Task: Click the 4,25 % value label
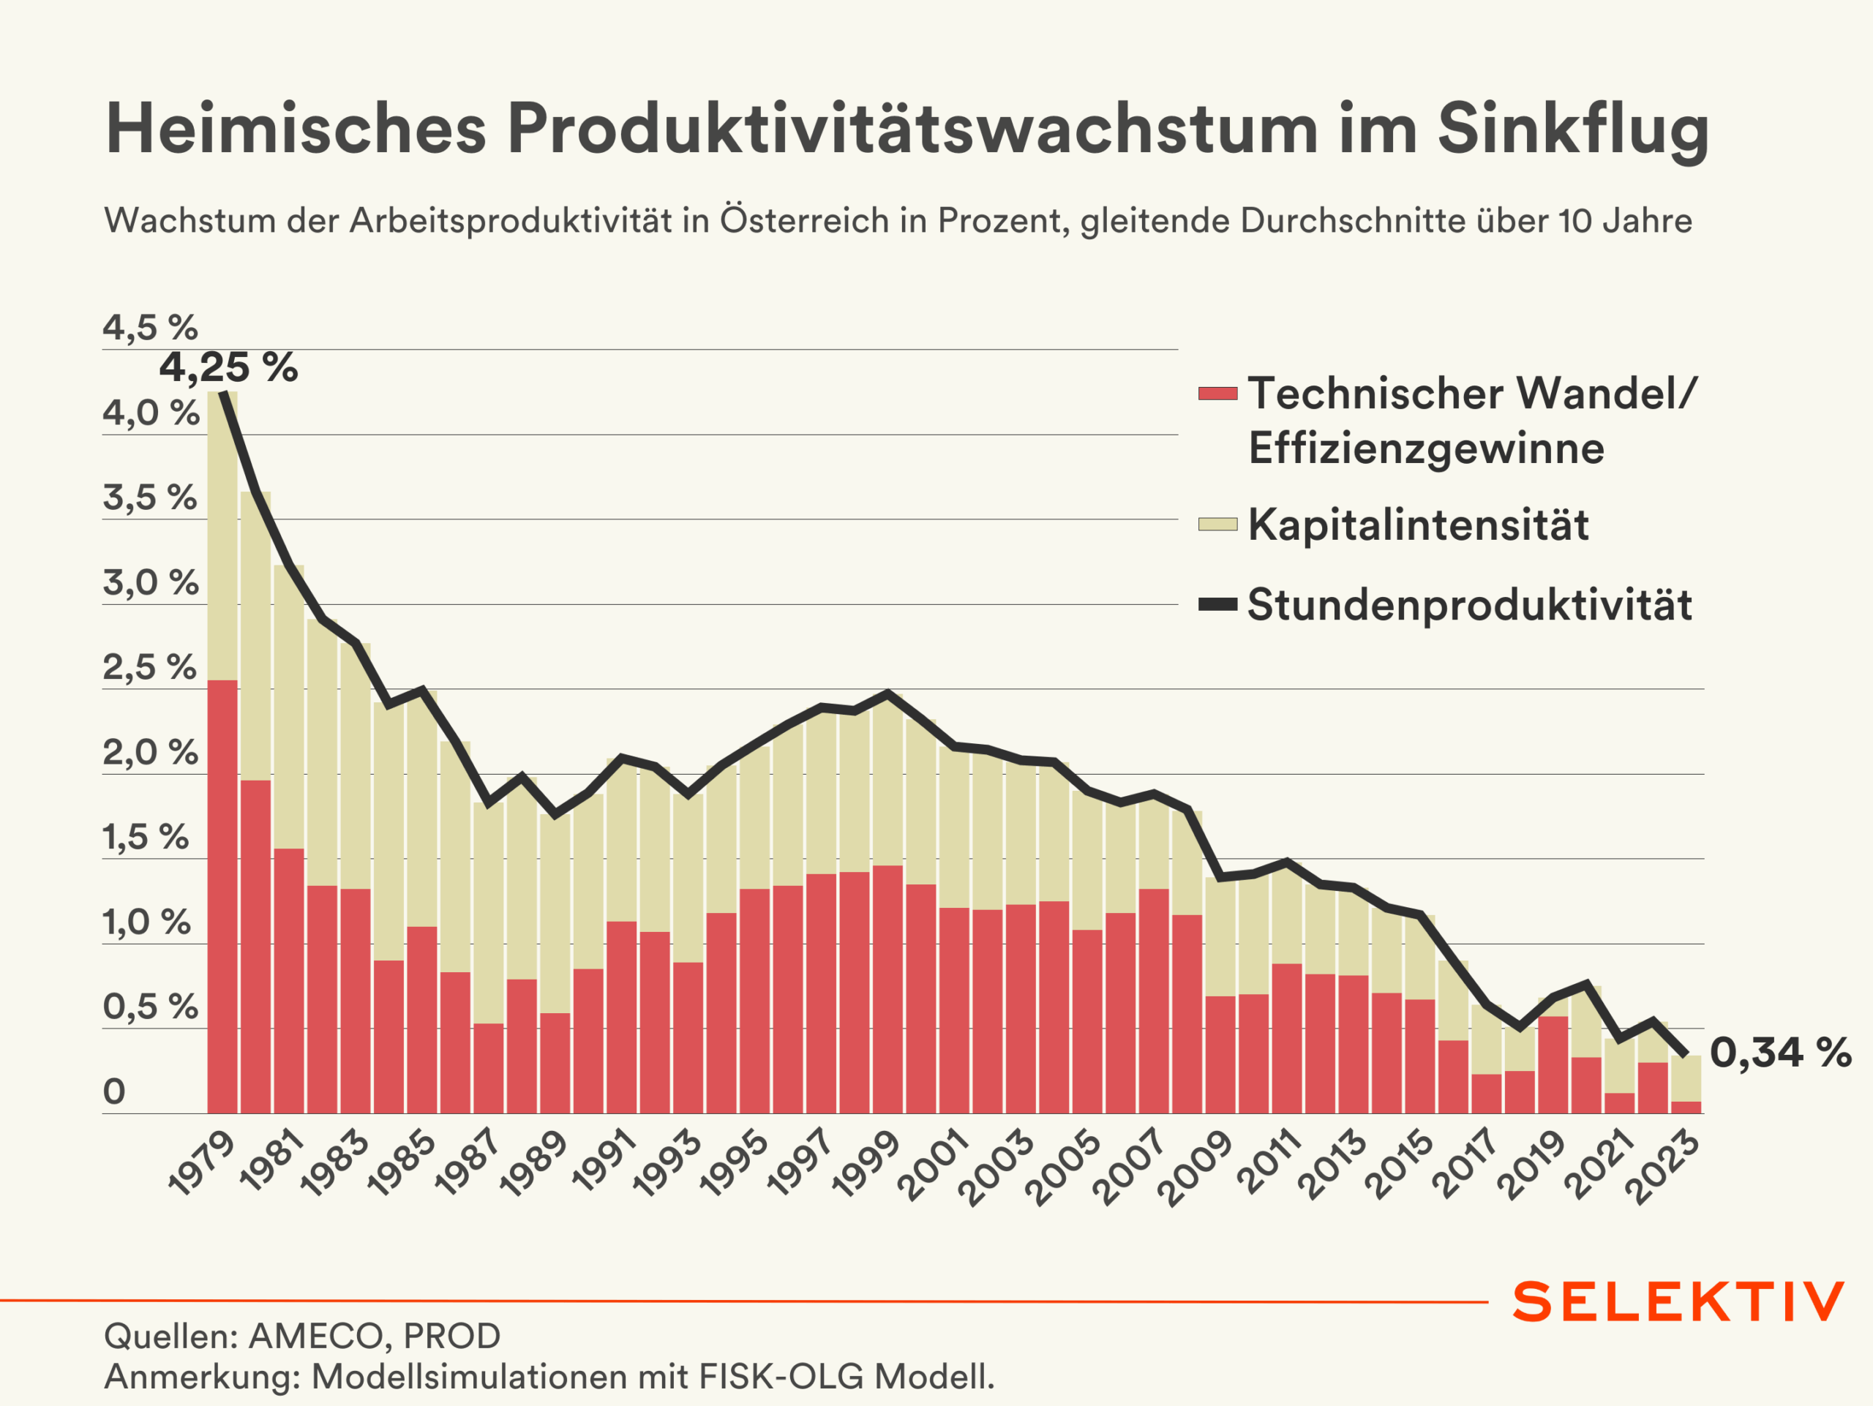228,368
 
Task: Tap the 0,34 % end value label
1780,1053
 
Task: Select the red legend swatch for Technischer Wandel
1217,394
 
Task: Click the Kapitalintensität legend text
1419,525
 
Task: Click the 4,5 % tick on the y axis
150,328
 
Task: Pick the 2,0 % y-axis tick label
150,753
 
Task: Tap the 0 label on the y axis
114,1092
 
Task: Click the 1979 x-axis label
201,1165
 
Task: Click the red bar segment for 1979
222,898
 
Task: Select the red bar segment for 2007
1153,1001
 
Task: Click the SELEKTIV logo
1678,1302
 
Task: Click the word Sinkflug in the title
1573,129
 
